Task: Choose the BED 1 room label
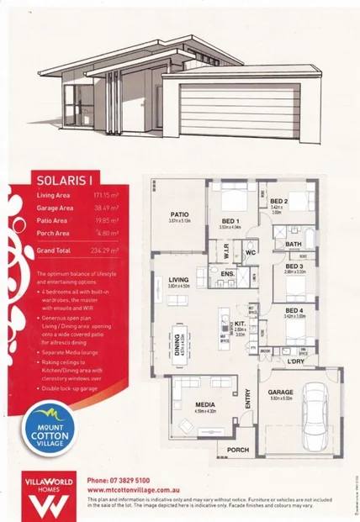click(x=230, y=219)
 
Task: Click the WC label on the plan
click(x=251, y=250)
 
